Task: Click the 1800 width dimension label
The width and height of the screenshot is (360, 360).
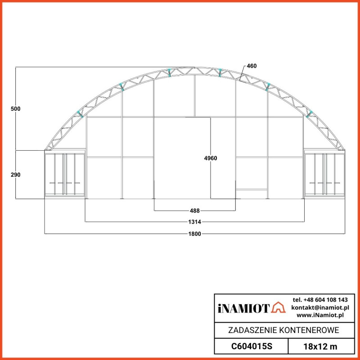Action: tap(195, 234)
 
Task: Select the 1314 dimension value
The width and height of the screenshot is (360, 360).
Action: tap(195, 222)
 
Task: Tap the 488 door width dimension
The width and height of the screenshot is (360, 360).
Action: tap(195, 210)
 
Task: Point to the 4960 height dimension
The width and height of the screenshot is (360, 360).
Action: tap(211, 158)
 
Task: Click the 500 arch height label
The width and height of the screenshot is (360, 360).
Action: tap(17, 109)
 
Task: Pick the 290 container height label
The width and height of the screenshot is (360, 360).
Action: tap(17, 175)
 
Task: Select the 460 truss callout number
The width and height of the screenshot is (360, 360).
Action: tap(252, 66)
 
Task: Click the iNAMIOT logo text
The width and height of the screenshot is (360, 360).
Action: tap(243, 308)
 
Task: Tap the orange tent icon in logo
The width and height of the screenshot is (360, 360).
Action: tap(279, 307)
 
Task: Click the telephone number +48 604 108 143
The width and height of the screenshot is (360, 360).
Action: tap(320, 300)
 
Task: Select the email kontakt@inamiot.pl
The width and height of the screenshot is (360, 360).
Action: tap(320, 307)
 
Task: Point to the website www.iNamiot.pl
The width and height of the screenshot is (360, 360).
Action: tap(320, 315)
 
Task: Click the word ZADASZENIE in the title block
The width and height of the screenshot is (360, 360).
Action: tap(252, 331)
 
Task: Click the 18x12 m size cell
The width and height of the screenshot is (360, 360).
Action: tap(320, 346)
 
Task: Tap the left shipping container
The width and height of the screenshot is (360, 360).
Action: tap(65, 174)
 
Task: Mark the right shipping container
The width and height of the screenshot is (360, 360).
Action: tap(324, 174)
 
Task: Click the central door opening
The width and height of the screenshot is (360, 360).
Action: tap(182, 157)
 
